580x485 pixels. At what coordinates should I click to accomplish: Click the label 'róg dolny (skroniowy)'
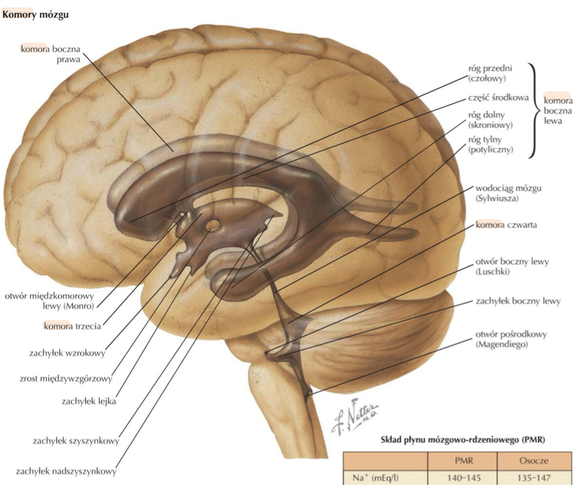pos(491,120)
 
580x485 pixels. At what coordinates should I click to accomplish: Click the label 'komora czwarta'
pos(506,225)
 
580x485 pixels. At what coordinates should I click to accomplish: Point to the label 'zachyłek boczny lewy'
pos(517,301)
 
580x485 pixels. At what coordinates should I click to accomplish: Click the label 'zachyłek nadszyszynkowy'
pos(64,471)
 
